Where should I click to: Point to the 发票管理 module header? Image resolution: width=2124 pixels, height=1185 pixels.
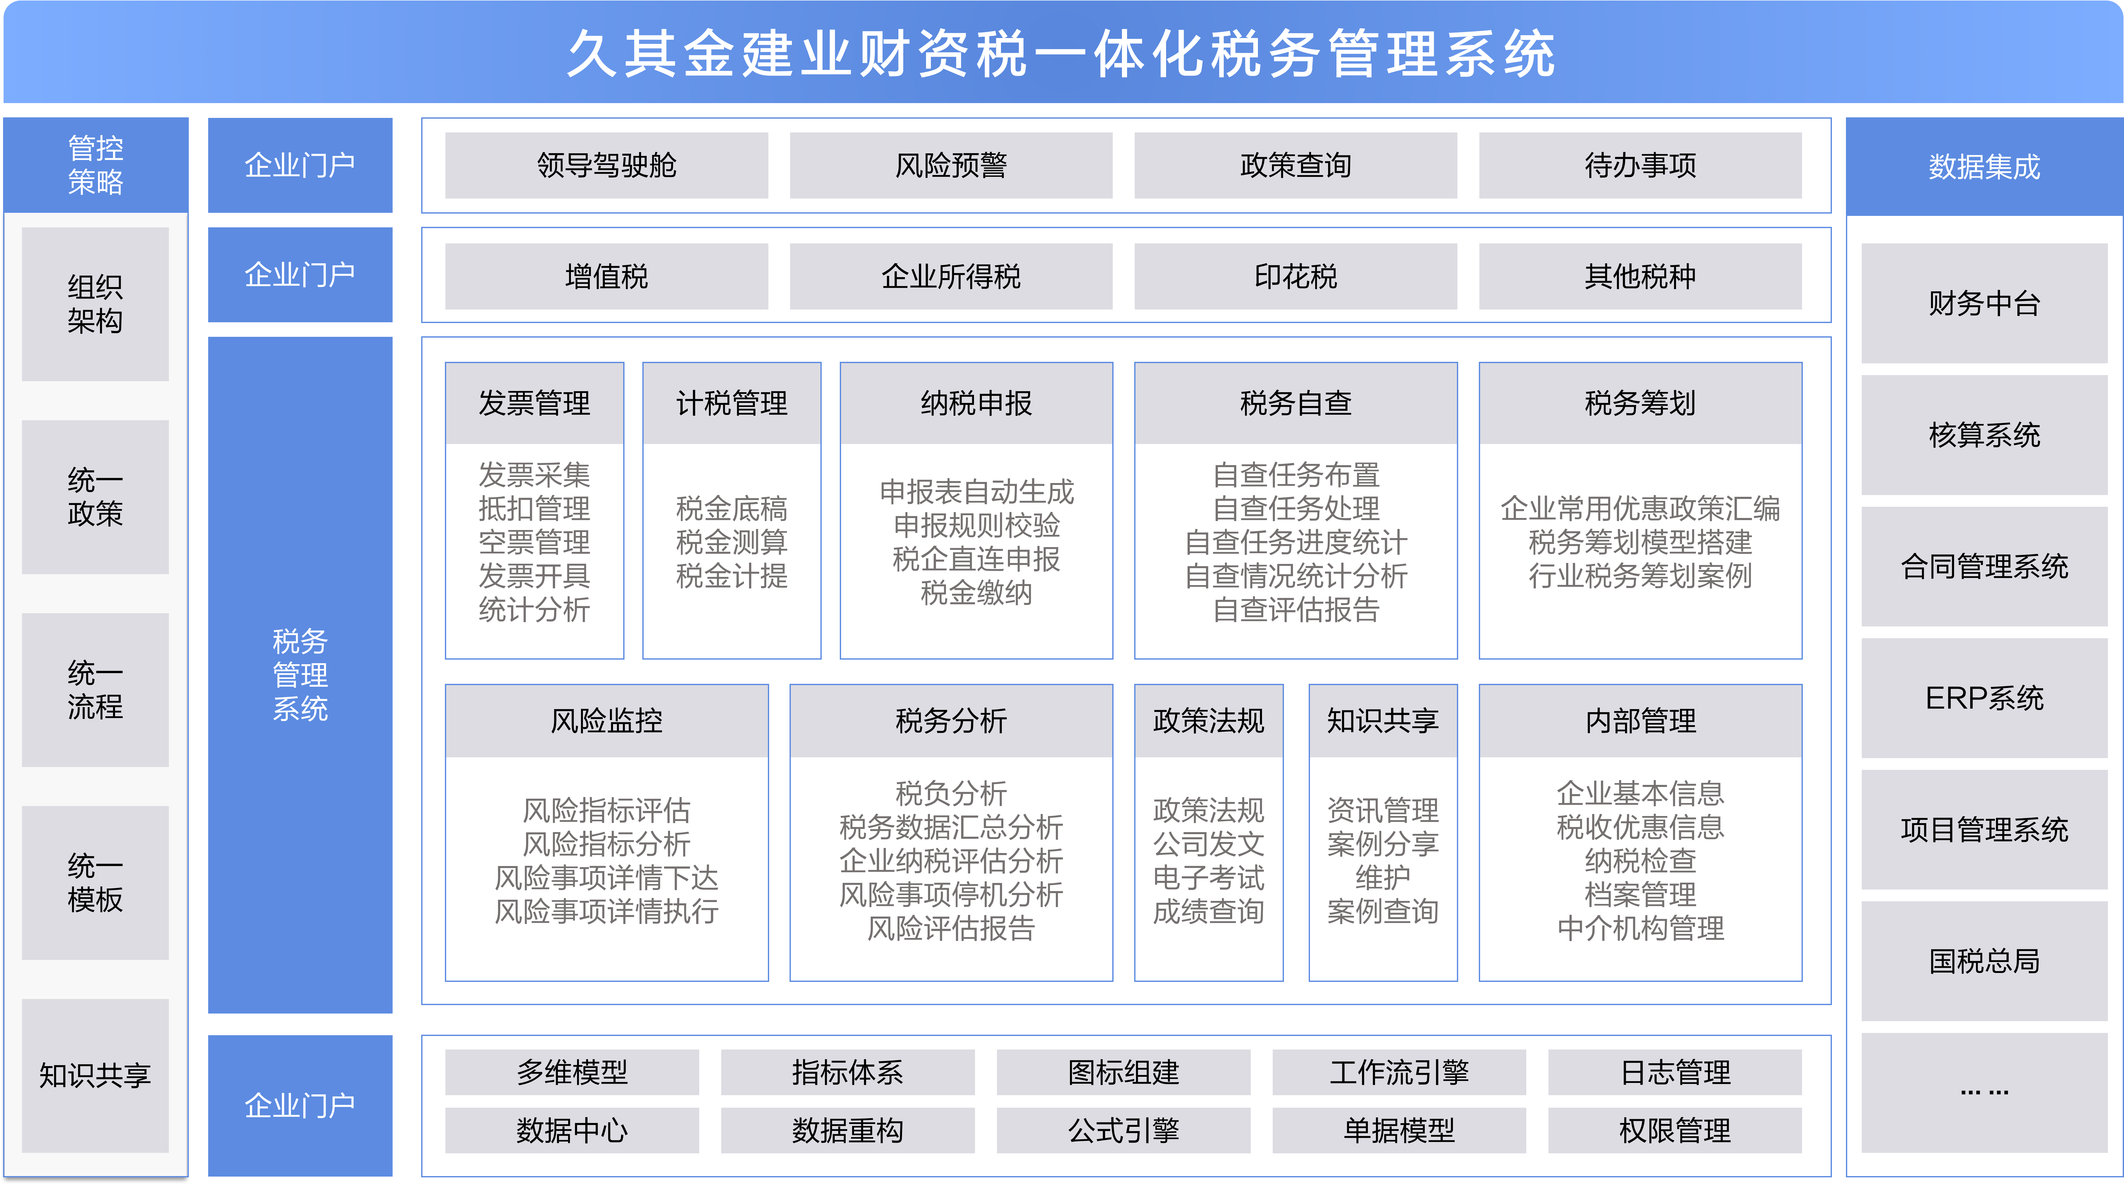point(534,403)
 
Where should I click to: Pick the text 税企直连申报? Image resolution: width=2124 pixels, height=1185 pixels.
point(976,559)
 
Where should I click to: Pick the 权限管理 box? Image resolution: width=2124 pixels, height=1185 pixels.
point(1675,1130)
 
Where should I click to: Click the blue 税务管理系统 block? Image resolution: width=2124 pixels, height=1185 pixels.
point(300,675)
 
